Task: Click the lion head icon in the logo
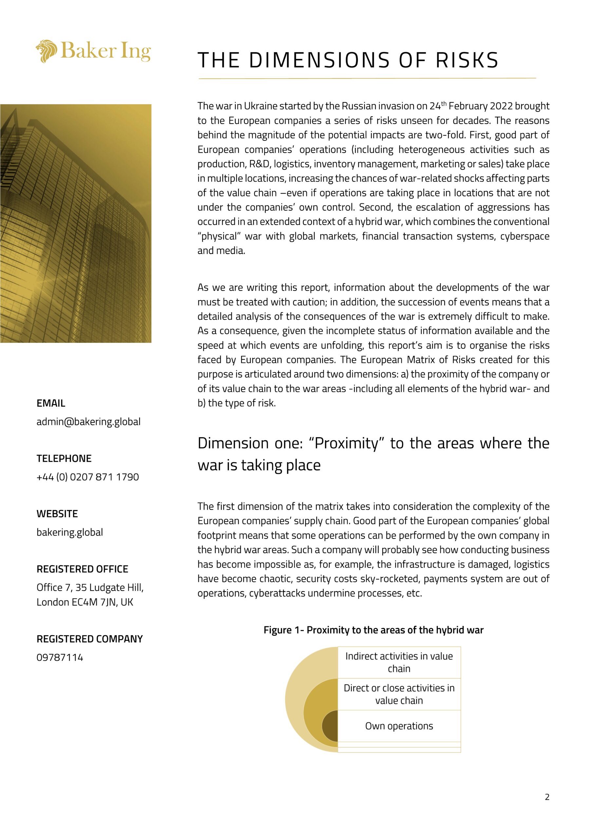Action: [47, 51]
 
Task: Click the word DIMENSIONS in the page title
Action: [319, 60]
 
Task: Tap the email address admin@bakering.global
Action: [88, 422]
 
